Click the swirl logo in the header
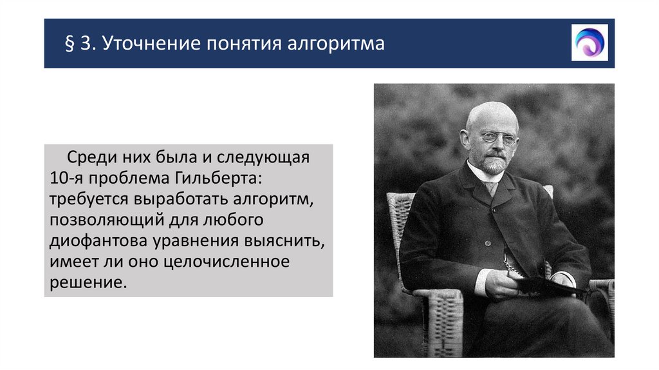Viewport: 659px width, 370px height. [x=589, y=43]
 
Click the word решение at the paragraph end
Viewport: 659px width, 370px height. [x=84, y=283]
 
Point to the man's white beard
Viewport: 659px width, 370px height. [x=494, y=165]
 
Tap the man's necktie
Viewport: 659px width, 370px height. [x=492, y=188]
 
